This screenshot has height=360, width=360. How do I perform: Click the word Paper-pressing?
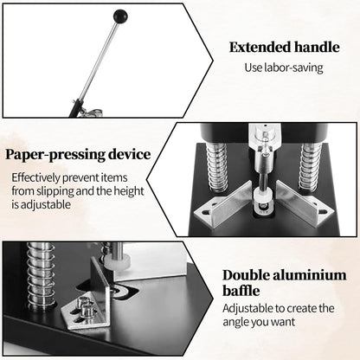point(53,156)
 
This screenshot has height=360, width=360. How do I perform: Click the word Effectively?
point(37,177)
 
